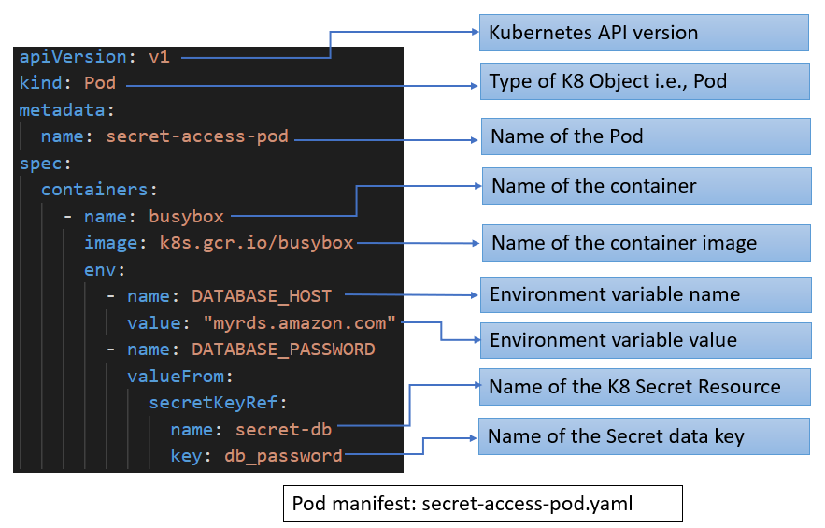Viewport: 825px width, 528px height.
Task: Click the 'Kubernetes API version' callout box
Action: click(644, 33)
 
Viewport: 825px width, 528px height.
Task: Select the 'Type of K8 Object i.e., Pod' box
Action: click(644, 81)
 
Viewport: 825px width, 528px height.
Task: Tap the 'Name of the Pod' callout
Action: click(644, 136)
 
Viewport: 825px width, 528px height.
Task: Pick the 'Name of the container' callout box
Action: click(646, 186)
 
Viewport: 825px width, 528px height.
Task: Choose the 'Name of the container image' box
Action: click(646, 243)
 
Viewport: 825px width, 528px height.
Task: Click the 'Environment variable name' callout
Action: click(644, 294)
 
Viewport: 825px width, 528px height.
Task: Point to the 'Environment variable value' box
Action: click(644, 339)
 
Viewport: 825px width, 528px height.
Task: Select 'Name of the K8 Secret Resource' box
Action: click(644, 386)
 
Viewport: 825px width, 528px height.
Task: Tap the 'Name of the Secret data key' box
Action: click(644, 436)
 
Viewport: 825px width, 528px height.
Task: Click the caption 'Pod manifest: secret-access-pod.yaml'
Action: click(482, 504)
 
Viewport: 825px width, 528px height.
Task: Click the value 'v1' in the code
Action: click(159, 57)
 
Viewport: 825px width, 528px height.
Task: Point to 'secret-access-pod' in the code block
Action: click(197, 136)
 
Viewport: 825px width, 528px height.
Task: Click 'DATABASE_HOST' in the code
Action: click(261, 296)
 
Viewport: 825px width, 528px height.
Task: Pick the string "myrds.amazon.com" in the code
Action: click(300, 323)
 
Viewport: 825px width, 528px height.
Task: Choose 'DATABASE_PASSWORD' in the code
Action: click(282, 350)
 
